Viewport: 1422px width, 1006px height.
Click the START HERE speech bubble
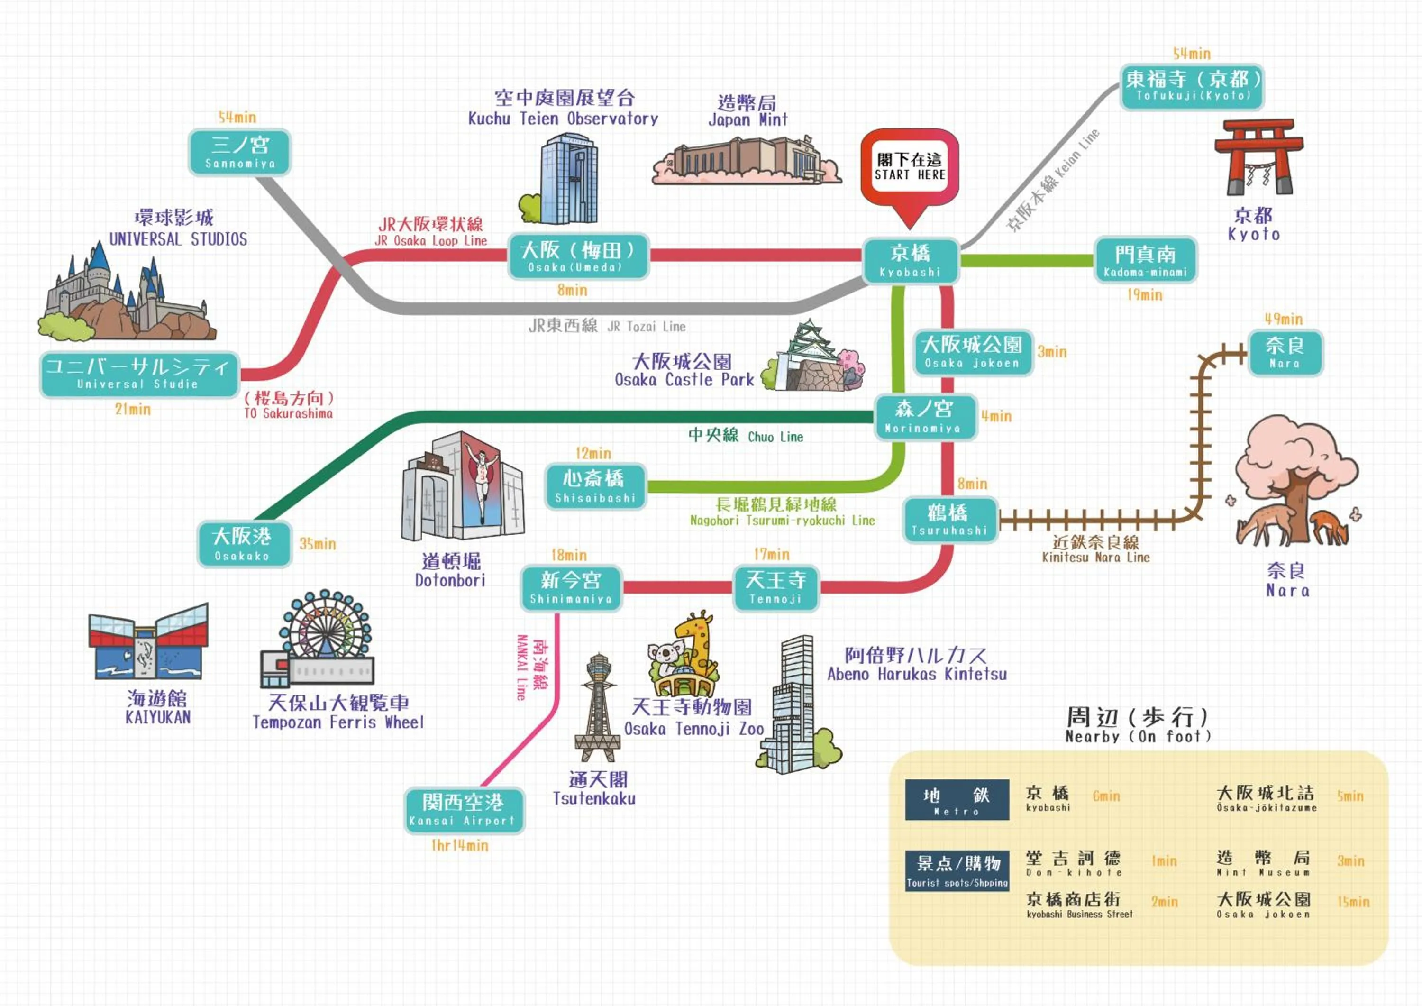point(909,167)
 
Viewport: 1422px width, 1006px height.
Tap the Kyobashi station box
point(911,261)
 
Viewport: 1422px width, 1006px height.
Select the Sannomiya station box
point(240,152)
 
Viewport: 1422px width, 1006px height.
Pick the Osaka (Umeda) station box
point(578,256)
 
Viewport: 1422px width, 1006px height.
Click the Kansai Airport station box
point(464,810)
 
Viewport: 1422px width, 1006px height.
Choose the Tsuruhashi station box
point(949,521)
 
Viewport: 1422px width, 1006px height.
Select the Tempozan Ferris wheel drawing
point(322,638)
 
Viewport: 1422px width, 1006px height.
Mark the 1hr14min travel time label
point(460,846)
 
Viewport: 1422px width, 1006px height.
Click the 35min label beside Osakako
point(317,544)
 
